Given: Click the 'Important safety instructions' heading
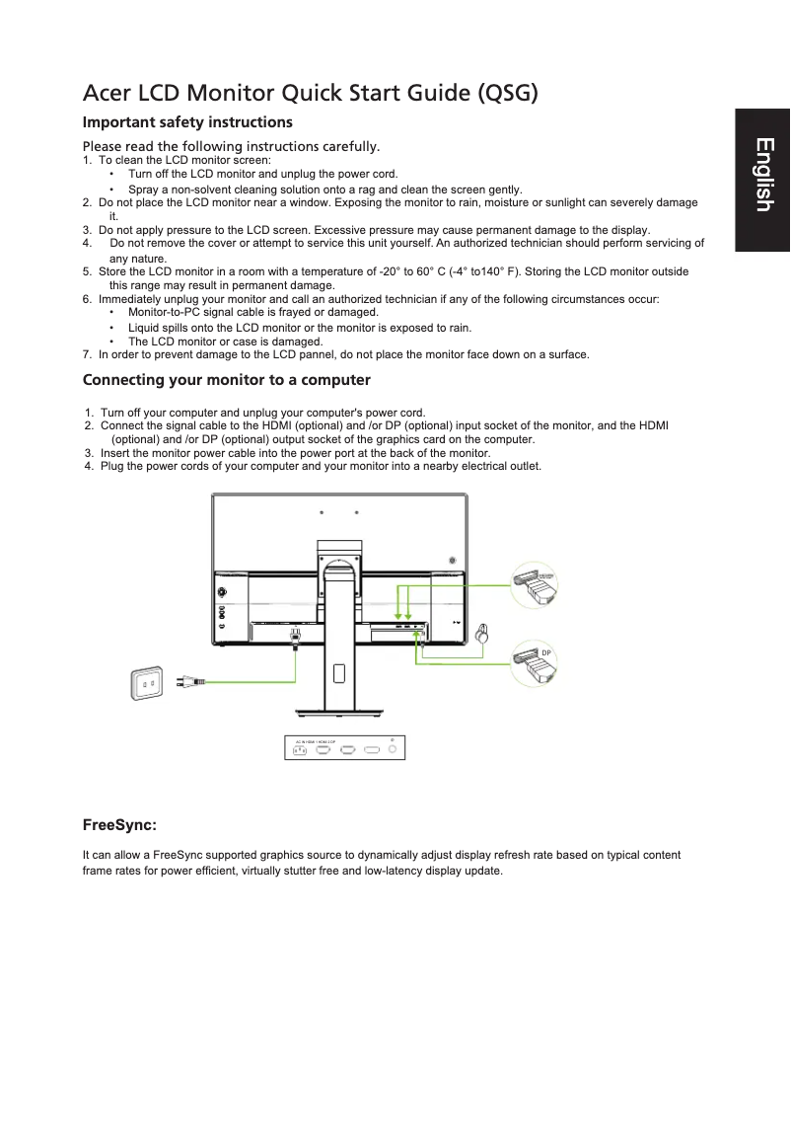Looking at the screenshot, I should pyautogui.click(x=187, y=122).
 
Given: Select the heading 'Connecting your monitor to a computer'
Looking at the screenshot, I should pyautogui.click(x=227, y=380).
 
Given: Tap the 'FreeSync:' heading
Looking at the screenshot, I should pyautogui.click(x=119, y=823).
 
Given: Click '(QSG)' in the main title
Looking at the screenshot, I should pyautogui.click(x=508, y=94).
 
